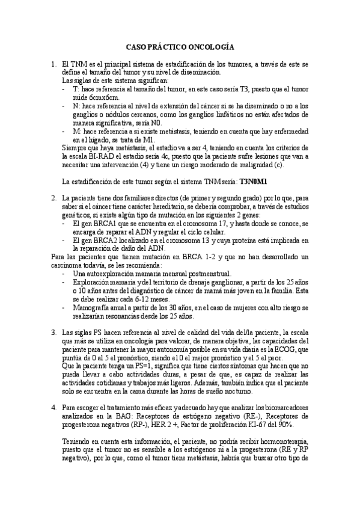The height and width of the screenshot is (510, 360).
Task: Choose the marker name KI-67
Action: [x=270, y=424]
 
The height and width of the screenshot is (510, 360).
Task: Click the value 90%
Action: [x=301, y=424]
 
